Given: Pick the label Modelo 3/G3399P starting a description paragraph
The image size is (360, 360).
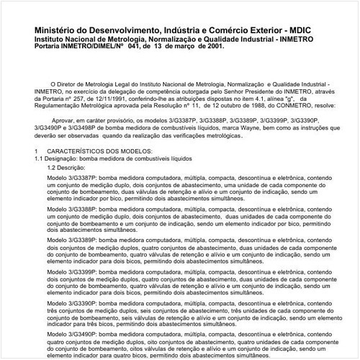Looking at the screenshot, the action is (69, 274).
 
